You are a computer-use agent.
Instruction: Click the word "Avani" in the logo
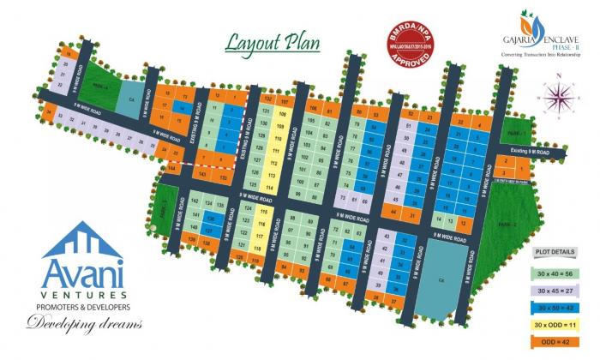(82, 276)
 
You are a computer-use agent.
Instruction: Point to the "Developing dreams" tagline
(82, 323)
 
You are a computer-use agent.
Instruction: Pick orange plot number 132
(268, 100)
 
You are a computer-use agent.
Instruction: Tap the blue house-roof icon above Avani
(82, 241)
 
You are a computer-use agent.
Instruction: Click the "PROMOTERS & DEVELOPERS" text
(82, 306)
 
